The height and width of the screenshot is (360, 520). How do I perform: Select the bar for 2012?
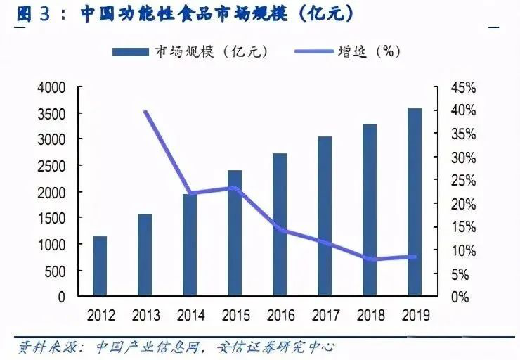coord(100,266)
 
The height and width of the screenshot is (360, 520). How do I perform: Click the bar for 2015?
coord(235,233)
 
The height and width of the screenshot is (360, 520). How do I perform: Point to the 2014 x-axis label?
coord(190,315)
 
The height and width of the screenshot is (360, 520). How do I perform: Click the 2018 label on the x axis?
coord(370,315)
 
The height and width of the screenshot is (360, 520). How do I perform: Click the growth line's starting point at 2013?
coord(145,112)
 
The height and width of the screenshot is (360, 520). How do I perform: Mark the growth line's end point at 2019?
coord(415,257)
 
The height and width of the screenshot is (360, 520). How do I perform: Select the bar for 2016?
coord(280,224)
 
